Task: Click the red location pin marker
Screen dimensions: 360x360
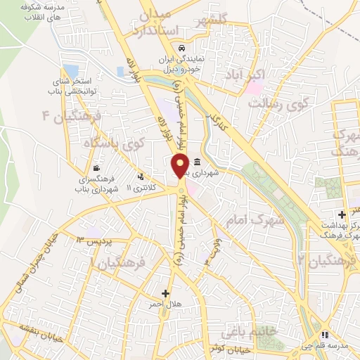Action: pyautogui.click(x=180, y=166)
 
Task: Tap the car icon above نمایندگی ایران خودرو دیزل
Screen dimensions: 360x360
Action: pyautogui.click(x=182, y=48)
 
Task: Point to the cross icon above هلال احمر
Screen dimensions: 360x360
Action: pyautogui.click(x=166, y=293)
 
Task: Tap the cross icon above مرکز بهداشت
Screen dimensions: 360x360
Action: pyautogui.click(x=341, y=214)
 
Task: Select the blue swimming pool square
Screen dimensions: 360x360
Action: pyautogui.click(x=70, y=72)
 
